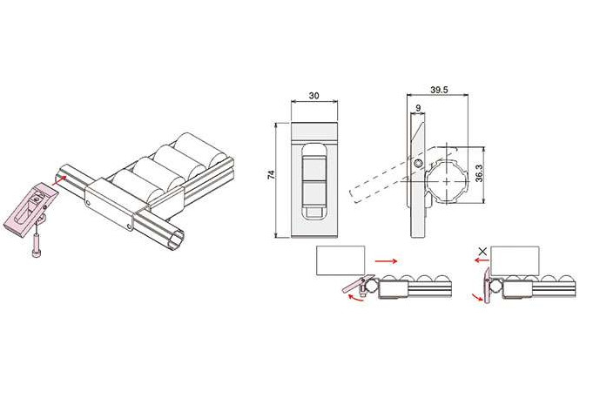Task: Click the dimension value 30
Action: click(313, 95)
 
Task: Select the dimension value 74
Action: click(272, 175)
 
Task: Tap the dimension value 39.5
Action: click(439, 90)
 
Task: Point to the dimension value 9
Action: click(418, 108)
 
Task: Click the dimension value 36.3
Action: click(480, 173)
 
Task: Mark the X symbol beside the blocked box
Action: click(483, 252)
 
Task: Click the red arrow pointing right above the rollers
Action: click(387, 260)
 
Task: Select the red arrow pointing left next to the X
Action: click(482, 260)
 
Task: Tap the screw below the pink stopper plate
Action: click(35, 246)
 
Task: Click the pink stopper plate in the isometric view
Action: click(30, 209)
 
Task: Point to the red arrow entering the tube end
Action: click(59, 180)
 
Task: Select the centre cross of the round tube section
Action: click(447, 181)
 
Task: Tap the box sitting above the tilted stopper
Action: click(340, 260)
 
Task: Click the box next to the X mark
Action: click(515, 260)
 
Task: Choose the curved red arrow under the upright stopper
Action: click(477, 297)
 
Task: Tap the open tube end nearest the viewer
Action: click(178, 239)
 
